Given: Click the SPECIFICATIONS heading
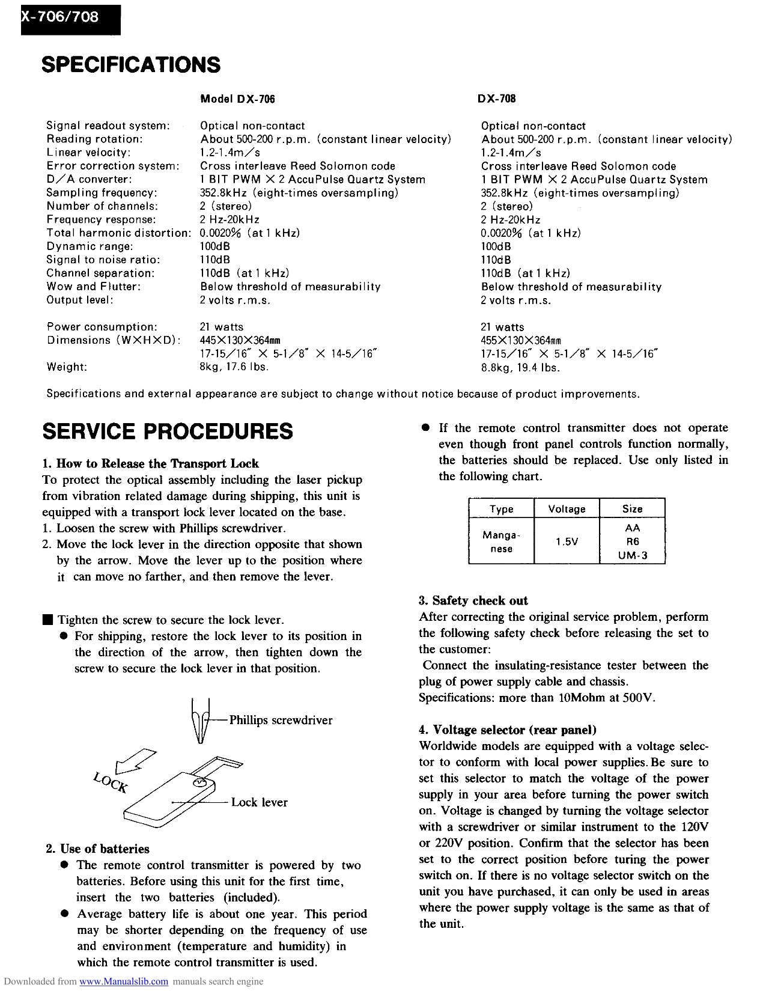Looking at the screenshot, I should [x=131, y=65].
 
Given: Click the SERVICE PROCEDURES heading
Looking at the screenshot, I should [x=168, y=431].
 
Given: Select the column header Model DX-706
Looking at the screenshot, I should [x=237, y=99].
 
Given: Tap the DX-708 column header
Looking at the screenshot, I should [x=497, y=99].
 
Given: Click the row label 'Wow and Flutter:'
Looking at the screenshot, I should [x=94, y=287].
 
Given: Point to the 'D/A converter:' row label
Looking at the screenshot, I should [x=89, y=179].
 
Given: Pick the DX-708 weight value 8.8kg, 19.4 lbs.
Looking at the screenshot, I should [x=520, y=367].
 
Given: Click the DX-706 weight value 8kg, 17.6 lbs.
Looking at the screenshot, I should [x=234, y=367].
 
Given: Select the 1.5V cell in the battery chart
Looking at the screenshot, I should [x=567, y=541].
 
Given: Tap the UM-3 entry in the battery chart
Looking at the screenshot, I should [x=633, y=555].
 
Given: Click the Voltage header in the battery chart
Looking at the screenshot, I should [x=567, y=509].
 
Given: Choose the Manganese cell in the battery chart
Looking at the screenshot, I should [x=501, y=541].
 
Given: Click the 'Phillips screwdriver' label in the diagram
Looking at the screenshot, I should [x=281, y=720].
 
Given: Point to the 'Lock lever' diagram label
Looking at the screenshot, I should [x=259, y=802].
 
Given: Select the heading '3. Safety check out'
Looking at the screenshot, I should [x=473, y=600].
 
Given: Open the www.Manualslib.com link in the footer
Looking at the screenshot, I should [x=124, y=982].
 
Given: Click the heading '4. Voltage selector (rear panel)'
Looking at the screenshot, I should [x=508, y=730].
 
